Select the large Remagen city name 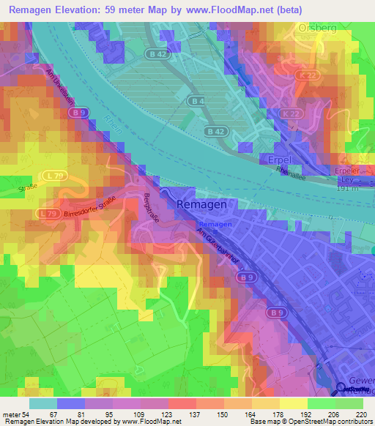pos(206,206)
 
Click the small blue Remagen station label pos(215,223)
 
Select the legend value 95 pos(108,414)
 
